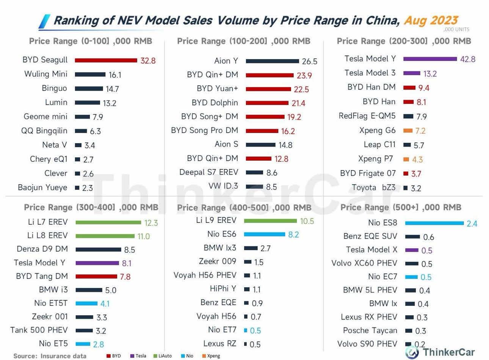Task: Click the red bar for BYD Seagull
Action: [x=106, y=60]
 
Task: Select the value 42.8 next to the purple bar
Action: [x=467, y=59]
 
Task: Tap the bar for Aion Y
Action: [x=272, y=61]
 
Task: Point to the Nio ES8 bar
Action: [x=434, y=223]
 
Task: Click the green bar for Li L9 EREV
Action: [x=270, y=221]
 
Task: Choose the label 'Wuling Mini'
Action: [x=46, y=74]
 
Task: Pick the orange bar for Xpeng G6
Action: [x=408, y=131]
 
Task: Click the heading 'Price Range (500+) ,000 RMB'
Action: [x=401, y=207]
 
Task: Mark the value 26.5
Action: [x=309, y=61]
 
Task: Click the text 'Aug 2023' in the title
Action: [x=431, y=20]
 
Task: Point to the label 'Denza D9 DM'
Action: [x=42, y=249]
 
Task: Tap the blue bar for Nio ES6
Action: [x=264, y=235]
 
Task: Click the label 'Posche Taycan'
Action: [x=370, y=330]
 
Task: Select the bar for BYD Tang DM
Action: [x=96, y=276]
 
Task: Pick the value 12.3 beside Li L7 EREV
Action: [x=151, y=223]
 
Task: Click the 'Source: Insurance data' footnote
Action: [x=50, y=356]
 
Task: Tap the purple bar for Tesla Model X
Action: [x=412, y=250]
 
